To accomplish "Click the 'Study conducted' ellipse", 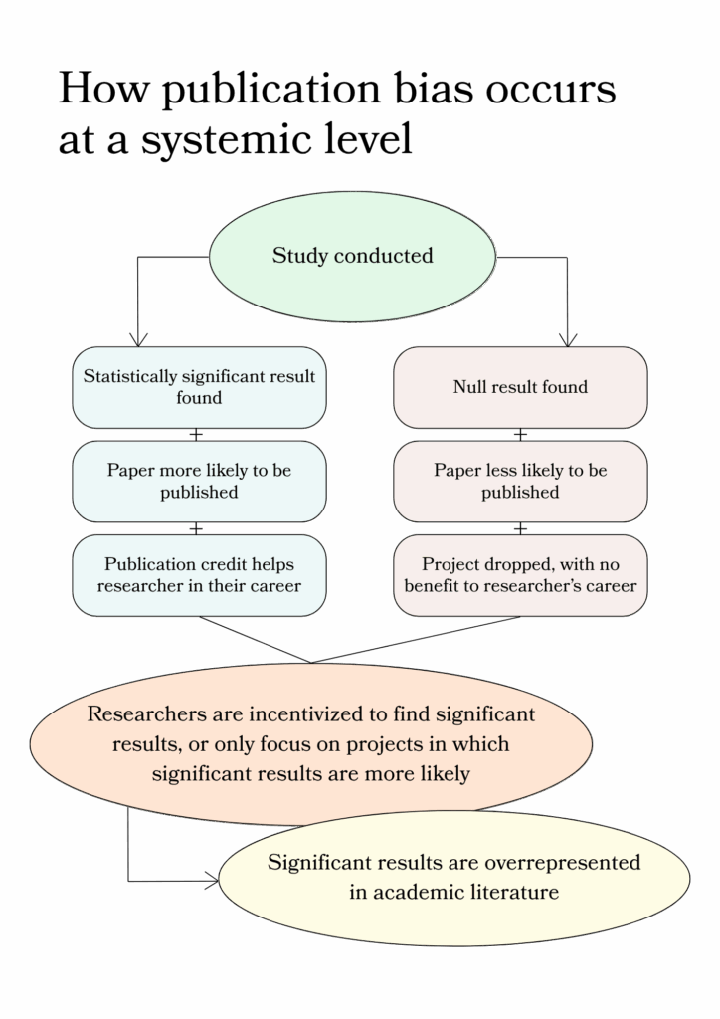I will coord(352,256).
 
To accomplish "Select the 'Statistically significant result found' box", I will coord(199,387).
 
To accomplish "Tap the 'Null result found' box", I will coord(520,387).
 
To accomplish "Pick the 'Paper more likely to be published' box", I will coord(199,481).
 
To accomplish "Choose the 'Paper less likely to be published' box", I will coord(520,481).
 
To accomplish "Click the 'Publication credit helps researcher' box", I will coord(199,575).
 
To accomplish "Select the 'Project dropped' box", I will coord(520,575).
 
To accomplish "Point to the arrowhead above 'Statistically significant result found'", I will coord(137,338).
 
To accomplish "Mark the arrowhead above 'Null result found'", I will coord(567,338).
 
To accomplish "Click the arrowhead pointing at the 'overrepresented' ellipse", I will coord(212,880).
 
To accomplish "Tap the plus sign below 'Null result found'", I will coord(519,435).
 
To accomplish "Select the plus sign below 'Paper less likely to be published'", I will coord(519,528).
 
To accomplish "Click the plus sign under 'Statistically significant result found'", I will coord(196,435).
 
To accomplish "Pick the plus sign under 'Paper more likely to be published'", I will coord(196,528).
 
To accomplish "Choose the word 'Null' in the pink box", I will coord(469,387).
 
